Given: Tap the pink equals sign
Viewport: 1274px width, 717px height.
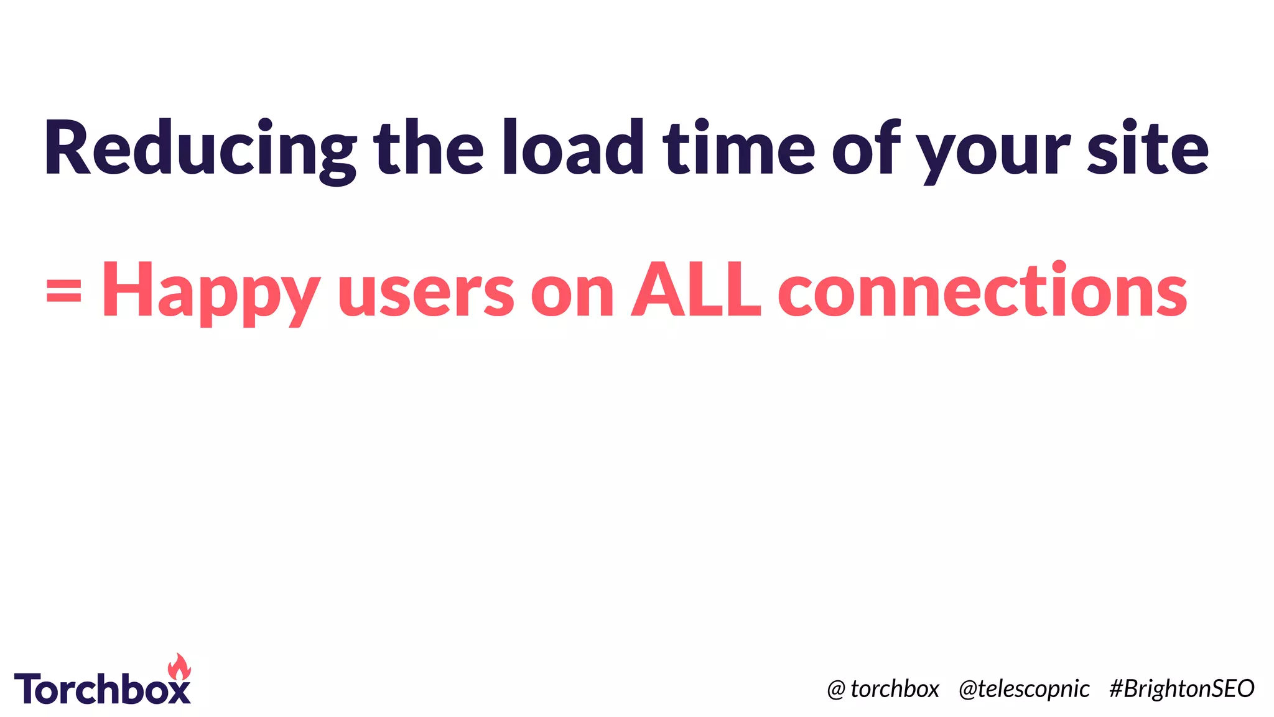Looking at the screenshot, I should click(x=63, y=290).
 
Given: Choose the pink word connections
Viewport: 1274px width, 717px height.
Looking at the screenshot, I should click(x=983, y=290).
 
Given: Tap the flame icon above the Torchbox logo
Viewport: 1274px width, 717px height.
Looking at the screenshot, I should click(x=180, y=667).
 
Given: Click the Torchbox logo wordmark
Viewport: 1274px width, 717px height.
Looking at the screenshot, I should click(x=103, y=688).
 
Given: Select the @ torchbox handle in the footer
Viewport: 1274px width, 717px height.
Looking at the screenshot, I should click(x=883, y=689).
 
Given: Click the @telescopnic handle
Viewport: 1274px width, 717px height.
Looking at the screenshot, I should click(x=1024, y=689).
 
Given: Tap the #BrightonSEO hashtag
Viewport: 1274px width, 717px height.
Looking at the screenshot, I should click(x=1181, y=688).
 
